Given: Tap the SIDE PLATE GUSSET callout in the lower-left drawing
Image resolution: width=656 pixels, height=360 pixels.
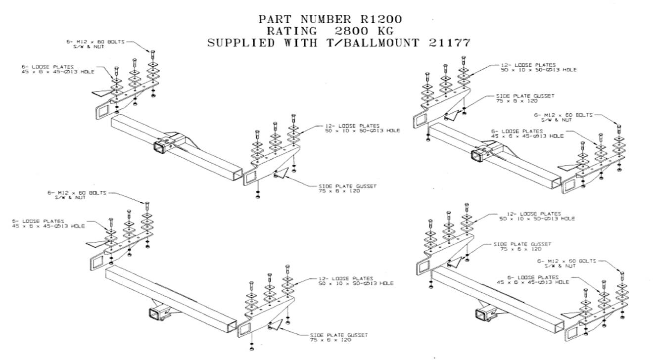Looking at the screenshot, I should coord(338,337).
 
